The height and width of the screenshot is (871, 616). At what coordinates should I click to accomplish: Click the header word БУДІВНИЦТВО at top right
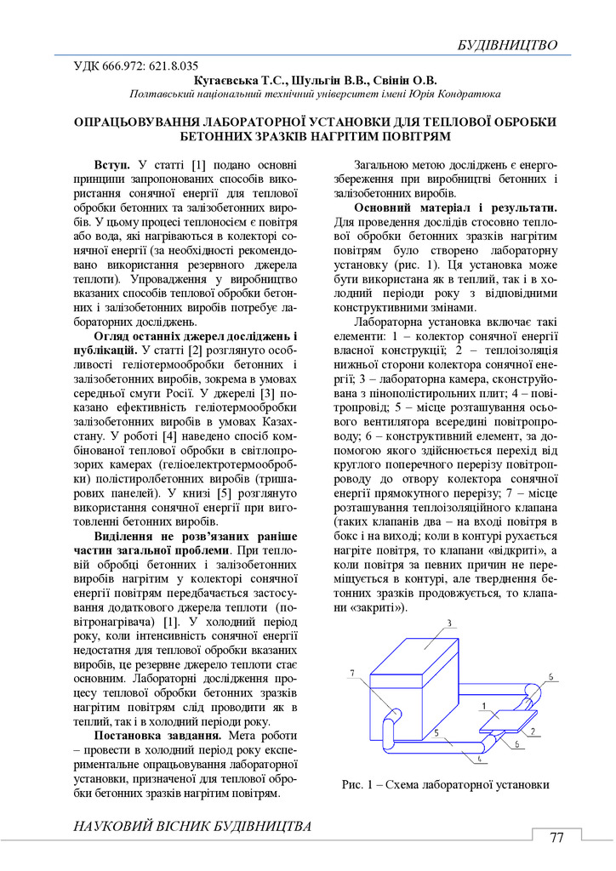(506, 44)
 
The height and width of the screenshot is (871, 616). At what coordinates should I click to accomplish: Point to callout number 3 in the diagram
(448, 623)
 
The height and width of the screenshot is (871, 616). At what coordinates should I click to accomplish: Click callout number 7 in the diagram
(351, 674)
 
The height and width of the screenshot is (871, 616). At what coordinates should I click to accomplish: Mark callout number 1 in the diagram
(482, 705)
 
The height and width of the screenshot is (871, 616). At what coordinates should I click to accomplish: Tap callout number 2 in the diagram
(532, 730)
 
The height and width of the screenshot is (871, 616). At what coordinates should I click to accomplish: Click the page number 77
(557, 837)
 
